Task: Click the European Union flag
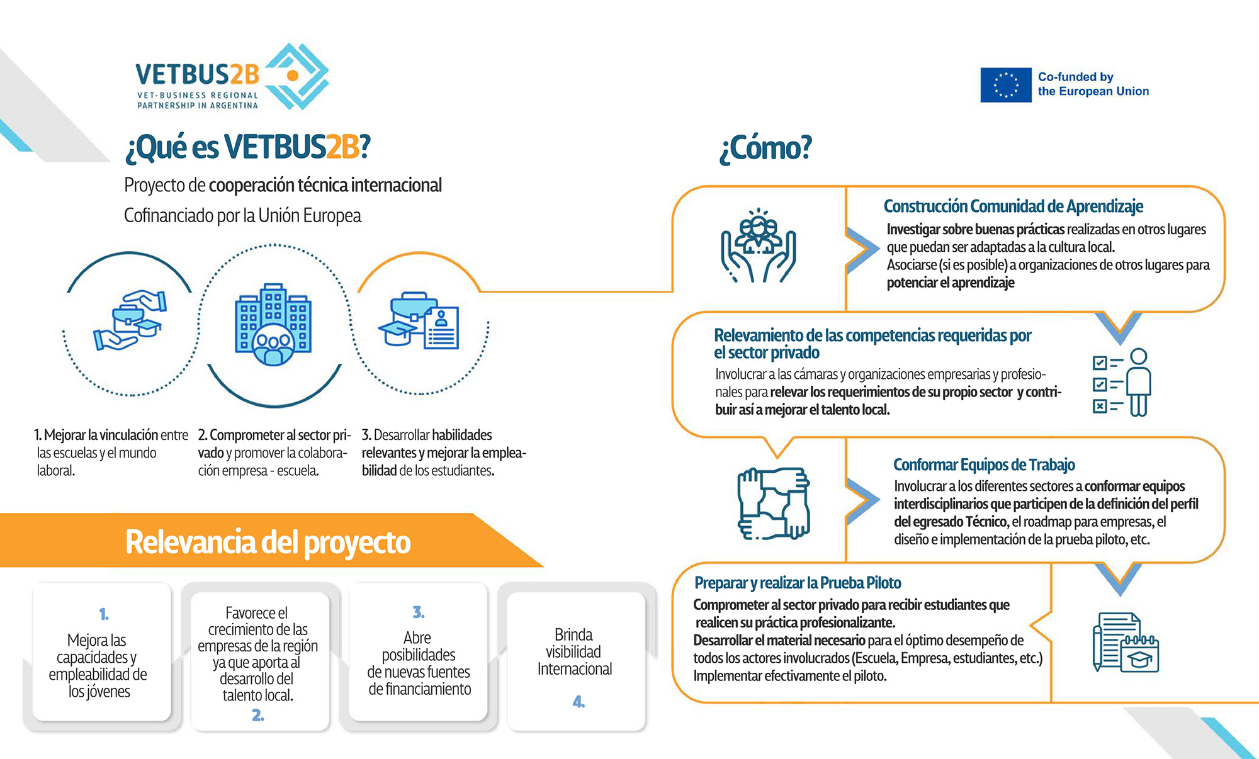click(x=1005, y=85)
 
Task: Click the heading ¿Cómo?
click(x=765, y=149)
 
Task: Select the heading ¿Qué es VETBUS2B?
click(x=248, y=147)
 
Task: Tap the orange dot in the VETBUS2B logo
click(x=292, y=76)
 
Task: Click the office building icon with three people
click(x=273, y=324)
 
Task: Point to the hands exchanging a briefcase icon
click(x=130, y=320)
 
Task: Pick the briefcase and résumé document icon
click(x=419, y=320)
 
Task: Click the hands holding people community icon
click(x=759, y=245)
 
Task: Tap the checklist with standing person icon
click(x=1122, y=382)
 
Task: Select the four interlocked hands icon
click(x=774, y=503)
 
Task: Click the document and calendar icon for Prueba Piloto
click(x=1126, y=642)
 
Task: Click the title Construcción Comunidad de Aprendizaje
click(x=1013, y=206)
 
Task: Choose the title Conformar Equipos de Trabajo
click(x=984, y=464)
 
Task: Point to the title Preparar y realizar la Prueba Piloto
click(x=798, y=583)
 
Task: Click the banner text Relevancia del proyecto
click(x=268, y=542)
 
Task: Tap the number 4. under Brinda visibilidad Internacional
click(x=579, y=701)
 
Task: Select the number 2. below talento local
click(x=257, y=715)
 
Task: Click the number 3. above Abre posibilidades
click(x=419, y=612)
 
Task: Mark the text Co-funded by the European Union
click(x=1093, y=84)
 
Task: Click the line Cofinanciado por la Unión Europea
click(x=242, y=216)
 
